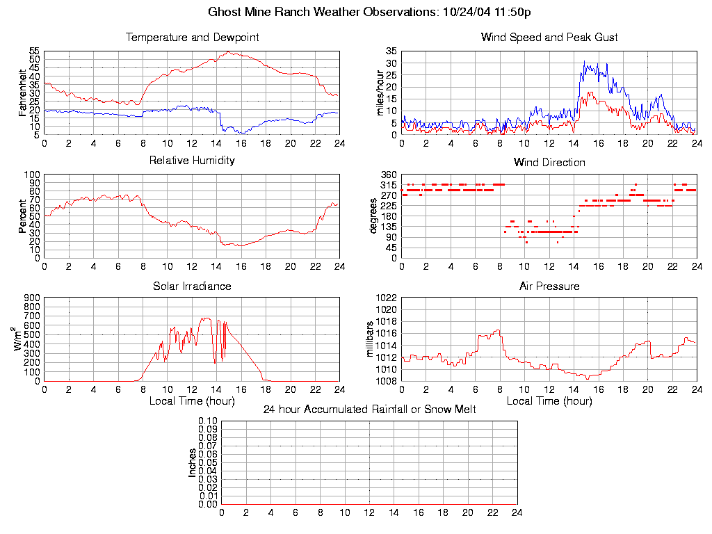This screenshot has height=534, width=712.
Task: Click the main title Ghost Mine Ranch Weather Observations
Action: coord(370,12)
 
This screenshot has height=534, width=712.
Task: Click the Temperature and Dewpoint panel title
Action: coord(192,38)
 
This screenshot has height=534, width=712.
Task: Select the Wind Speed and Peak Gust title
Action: coord(549,38)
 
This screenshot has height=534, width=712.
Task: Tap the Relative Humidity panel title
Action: coord(192,161)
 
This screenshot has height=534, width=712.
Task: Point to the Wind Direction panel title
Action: coord(549,163)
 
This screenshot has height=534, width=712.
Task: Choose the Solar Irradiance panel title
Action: coord(192,286)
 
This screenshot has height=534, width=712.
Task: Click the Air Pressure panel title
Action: coord(549,286)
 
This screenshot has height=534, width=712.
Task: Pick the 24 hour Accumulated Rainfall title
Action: coord(369,410)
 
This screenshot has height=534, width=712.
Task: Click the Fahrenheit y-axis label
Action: coord(22,92)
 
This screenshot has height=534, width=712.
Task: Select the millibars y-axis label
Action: coord(370,339)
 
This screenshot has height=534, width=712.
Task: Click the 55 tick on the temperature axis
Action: coord(34,51)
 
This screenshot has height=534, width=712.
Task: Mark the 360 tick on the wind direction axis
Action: coord(389,175)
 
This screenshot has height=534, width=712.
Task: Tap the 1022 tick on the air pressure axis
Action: coord(387,298)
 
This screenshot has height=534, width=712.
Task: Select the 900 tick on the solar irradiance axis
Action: coord(32,298)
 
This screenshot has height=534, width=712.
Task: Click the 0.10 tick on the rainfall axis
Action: coord(208,421)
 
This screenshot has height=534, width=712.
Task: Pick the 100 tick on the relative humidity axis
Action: coord(32,175)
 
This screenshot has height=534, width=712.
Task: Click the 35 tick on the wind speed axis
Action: coord(391,51)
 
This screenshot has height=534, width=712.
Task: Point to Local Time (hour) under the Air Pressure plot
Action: coord(549,401)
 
